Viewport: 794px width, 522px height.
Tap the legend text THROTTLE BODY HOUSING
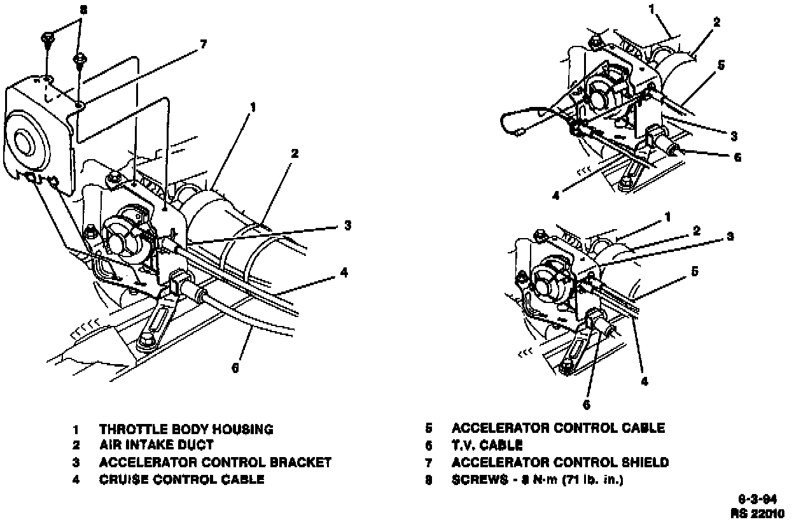tap(186, 430)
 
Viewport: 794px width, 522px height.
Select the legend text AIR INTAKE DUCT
tap(156, 446)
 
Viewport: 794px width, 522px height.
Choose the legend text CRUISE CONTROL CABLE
tap(181, 479)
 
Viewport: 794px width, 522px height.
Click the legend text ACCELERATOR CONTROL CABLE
tap(557, 428)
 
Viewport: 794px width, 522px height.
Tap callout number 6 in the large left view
tap(235, 367)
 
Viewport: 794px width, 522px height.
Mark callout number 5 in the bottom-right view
tap(695, 272)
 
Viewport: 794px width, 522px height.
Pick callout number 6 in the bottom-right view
tap(587, 404)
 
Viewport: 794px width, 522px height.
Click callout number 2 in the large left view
tap(295, 153)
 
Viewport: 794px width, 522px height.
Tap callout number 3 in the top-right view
tap(734, 136)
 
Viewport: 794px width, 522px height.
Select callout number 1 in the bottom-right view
tap(667, 217)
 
